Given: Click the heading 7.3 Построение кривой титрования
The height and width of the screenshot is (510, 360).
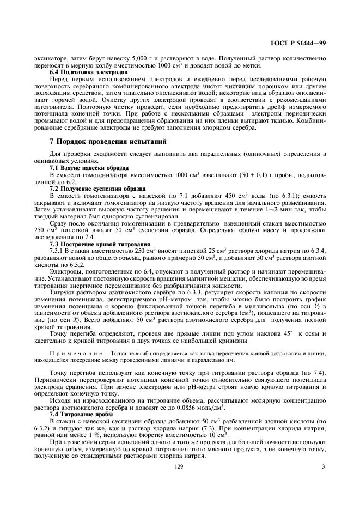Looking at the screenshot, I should point(93,245).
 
